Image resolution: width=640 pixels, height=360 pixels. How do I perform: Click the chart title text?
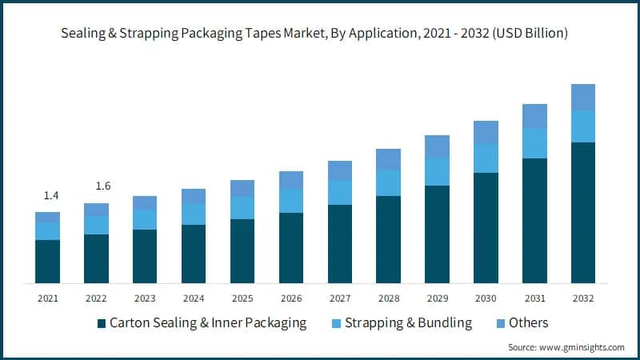(x=319, y=34)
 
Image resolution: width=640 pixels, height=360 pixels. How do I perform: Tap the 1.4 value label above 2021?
(x=51, y=196)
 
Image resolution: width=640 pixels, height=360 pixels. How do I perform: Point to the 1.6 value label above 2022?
(x=102, y=186)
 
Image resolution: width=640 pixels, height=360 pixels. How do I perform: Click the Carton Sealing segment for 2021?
(x=48, y=261)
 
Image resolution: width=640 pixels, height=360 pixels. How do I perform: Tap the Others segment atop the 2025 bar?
(x=242, y=188)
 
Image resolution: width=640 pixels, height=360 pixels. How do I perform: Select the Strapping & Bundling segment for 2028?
(x=388, y=182)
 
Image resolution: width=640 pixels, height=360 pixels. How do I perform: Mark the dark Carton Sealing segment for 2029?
(x=437, y=234)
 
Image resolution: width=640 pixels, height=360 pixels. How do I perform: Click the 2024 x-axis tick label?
(x=194, y=298)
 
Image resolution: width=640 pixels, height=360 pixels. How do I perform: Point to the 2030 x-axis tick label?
(x=486, y=298)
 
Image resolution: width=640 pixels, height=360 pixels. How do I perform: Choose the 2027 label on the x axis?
(x=339, y=298)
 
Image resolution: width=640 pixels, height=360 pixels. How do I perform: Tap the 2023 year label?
(x=145, y=298)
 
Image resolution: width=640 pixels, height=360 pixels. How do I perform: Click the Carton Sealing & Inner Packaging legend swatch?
(x=101, y=324)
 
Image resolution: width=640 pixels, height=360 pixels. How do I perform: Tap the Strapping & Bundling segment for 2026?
(x=291, y=201)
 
